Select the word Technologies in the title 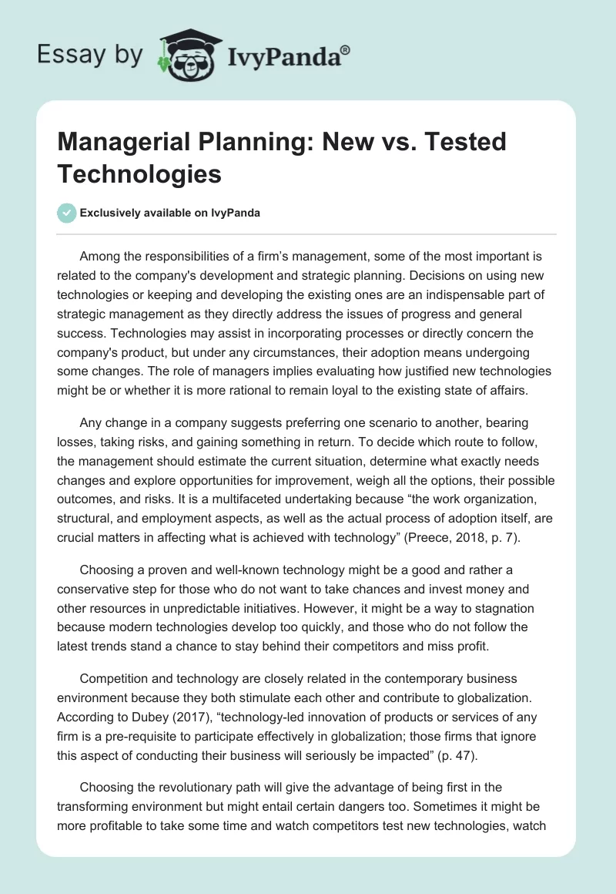pos(139,173)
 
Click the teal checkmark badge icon pos(67,213)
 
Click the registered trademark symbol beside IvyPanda pos(346,50)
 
